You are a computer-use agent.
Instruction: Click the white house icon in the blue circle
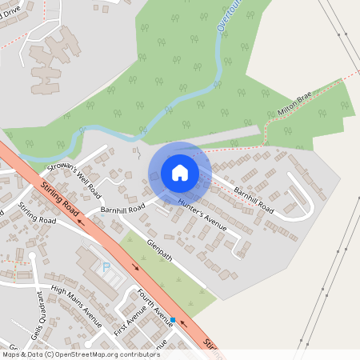[180, 172]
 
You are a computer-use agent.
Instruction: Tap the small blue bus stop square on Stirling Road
[173, 320]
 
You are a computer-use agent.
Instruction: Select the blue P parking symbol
[105, 267]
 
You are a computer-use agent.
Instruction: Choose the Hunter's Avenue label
[202, 214]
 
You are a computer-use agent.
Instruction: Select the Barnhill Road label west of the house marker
[120, 207]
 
